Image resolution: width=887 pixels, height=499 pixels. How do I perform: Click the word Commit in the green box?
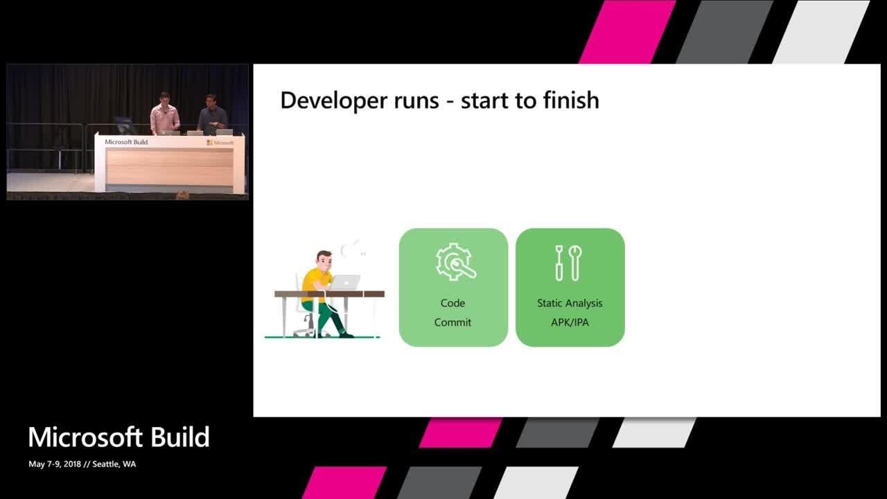tap(453, 322)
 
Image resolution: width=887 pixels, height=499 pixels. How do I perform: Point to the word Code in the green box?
tap(453, 303)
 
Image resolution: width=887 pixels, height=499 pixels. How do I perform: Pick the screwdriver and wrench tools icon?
tap(568, 263)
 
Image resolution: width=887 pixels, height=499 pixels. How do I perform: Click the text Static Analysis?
tap(570, 303)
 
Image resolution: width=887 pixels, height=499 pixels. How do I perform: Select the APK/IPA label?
tap(570, 322)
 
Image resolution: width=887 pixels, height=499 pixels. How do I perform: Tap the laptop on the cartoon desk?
tap(345, 282)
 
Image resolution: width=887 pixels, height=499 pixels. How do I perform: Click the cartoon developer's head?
tap(323, 260)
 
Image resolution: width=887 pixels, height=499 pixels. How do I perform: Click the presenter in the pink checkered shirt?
tap(164, 114)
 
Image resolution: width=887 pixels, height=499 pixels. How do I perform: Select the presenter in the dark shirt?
tap(212, 115)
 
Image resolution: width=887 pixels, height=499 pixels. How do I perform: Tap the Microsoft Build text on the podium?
tap(126, 142)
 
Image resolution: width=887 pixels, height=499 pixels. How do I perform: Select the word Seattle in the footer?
tap(105, 464)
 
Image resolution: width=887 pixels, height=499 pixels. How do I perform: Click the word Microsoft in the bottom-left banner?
tap(85, 437)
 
